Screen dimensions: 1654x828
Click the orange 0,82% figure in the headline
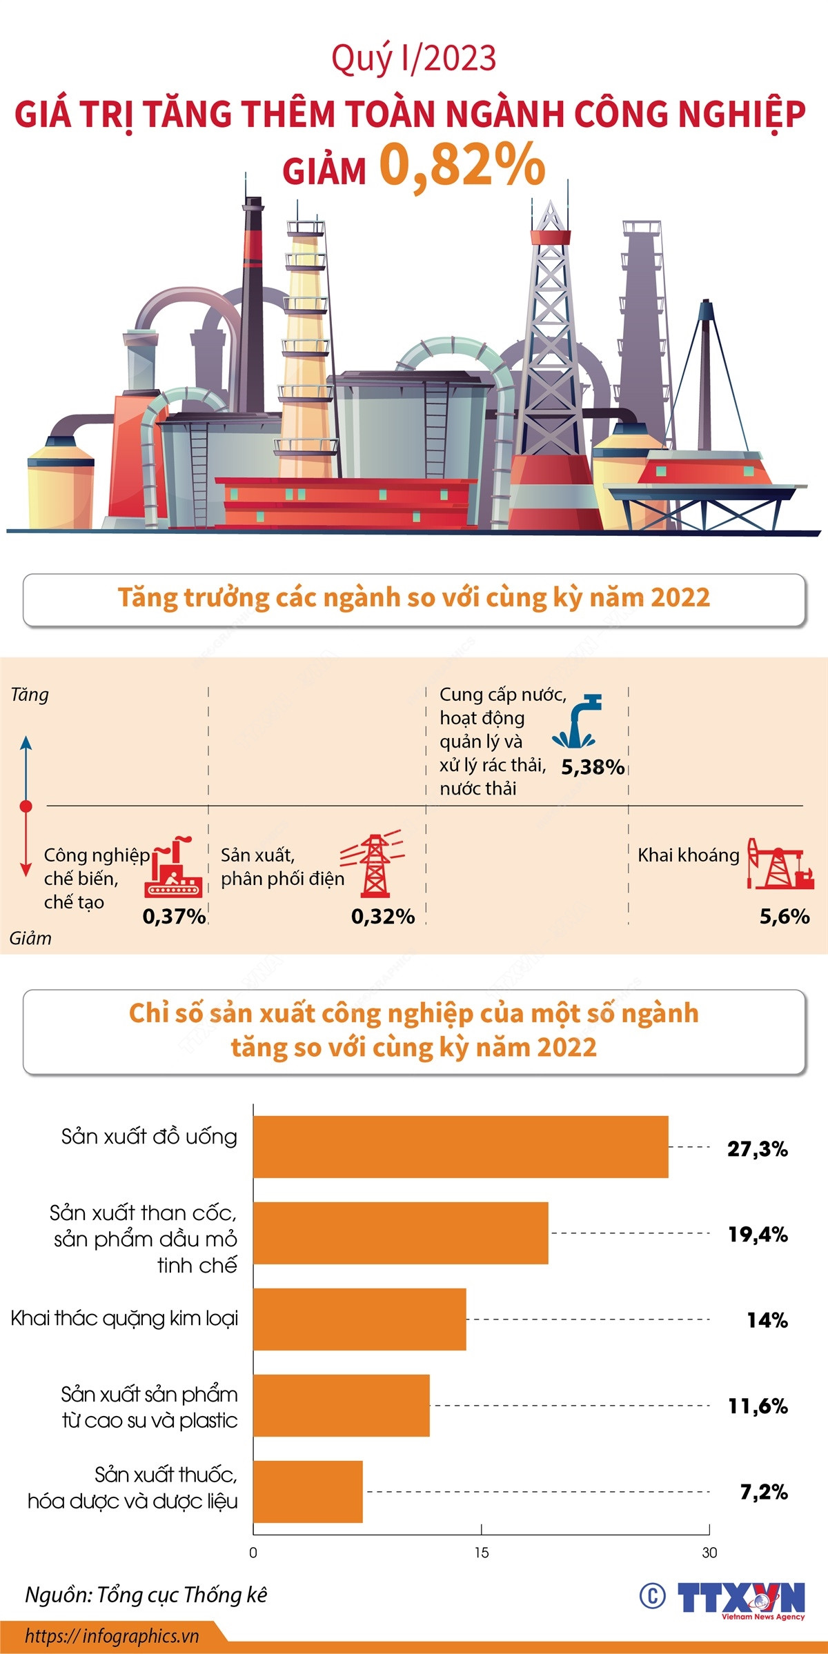(x=462, y=166)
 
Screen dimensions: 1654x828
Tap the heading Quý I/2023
(x=413, y=59)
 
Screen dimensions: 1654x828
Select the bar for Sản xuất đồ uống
(x=460, y=1146)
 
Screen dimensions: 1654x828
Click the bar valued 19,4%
(x=400, y=1233)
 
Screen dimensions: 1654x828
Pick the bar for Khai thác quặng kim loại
(x=359, y=1319)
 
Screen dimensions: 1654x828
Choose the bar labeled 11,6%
(x=341, y=1405)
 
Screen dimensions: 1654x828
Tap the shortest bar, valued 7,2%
(x=308, y=1491)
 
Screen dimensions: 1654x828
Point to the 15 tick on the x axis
(x=481, y=1553)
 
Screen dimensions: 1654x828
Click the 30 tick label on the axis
(x=709, y=1553)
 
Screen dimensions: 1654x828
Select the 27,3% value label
(x=757, y=1148)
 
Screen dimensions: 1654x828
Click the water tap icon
(x=576, y=721)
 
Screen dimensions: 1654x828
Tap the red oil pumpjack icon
(x=780, y=864)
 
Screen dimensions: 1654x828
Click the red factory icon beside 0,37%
(x=173, y=868)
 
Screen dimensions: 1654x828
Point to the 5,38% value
(x=593, y=767)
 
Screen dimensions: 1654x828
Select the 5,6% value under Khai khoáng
(x=785, y=916)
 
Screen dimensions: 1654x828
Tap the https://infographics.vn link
(x=112, y=1636)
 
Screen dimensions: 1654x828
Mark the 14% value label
(x=767, y=1320)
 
